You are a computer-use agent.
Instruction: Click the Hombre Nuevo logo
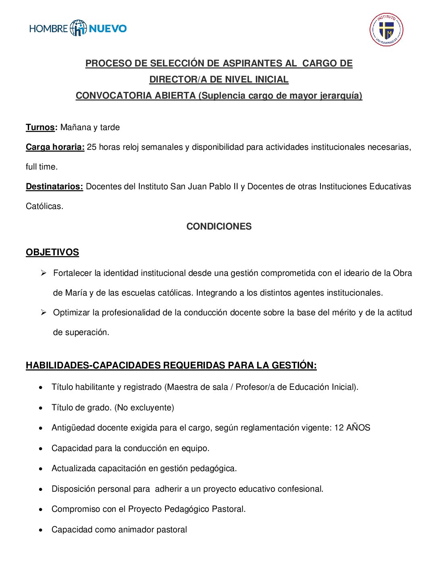78,28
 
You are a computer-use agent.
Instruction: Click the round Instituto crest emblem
386,29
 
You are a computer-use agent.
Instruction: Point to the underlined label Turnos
40,127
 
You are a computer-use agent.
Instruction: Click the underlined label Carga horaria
55,147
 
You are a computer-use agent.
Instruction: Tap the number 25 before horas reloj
92,147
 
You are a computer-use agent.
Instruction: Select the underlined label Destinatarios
54,186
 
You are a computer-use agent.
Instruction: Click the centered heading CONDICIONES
219,226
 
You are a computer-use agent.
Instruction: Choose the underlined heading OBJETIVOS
52,252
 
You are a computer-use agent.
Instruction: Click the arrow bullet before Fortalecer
43,273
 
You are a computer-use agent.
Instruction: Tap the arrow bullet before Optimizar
43,312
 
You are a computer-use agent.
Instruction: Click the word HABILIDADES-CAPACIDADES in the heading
93,365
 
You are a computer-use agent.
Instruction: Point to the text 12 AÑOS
352,428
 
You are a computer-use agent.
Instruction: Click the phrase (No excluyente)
144,408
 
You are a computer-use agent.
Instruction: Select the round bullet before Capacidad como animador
41,530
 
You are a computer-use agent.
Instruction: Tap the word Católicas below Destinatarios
44,206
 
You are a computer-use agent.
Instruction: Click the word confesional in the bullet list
302,489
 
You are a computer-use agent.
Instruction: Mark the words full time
41,167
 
